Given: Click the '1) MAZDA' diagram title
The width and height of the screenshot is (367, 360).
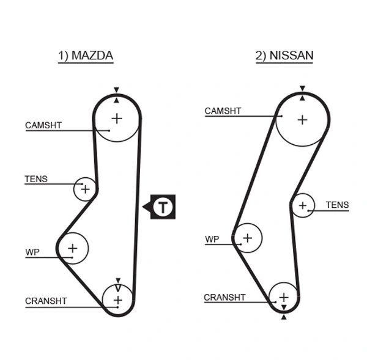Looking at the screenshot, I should pos(85,56).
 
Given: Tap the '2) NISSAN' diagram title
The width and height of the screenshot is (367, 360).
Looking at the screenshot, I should pos(284,56).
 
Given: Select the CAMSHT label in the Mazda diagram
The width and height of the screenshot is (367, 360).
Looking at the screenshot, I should pos(43,125).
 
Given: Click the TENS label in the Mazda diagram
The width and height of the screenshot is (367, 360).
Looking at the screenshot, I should pos(35,180).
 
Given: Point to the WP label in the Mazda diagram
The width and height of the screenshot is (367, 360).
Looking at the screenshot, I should pos(32,252).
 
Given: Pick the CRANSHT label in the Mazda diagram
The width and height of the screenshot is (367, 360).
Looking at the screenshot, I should pos(46,301).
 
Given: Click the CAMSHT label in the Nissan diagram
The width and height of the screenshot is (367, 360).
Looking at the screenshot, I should pos(223,111).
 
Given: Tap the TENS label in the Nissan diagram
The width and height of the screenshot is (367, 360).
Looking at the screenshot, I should pos(337,205).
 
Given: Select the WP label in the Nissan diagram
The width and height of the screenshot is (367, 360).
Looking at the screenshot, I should pos(212,239).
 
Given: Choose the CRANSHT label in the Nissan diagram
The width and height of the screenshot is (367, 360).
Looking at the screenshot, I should pos(224,298).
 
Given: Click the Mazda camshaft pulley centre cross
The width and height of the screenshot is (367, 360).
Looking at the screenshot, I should pos(116,118).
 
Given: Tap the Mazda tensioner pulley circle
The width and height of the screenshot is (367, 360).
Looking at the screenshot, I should pos(85,189).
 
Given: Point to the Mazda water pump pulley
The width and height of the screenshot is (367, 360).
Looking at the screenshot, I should pos(73,248).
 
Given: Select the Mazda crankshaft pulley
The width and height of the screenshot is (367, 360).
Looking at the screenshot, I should pos(117,299).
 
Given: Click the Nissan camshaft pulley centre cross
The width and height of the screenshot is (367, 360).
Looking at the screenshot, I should pos(302,120).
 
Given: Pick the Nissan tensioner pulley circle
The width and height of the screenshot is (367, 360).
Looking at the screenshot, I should pos(302,206).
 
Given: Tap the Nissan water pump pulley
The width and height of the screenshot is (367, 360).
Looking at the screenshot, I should pos(247,237).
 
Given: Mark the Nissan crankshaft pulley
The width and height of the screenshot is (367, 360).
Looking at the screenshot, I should pos(284,297).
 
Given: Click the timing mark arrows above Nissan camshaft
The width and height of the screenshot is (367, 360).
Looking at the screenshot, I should pos(302,92).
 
